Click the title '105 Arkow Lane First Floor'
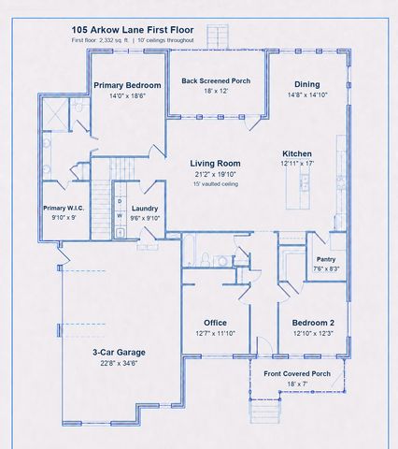133,30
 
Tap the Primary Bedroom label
127,85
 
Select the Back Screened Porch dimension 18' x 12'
216,91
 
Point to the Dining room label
307,84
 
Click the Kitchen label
297,153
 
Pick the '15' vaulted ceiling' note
216,184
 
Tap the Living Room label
216,164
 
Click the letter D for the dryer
120,201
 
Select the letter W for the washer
120,216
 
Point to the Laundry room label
145,209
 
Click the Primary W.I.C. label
64,208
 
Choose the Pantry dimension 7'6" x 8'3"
326,268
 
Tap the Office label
215,323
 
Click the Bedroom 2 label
313,323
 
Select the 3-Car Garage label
119,353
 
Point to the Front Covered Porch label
297,373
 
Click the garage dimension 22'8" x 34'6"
119,363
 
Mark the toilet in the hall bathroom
206,259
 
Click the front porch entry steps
264,412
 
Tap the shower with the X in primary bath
55,114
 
